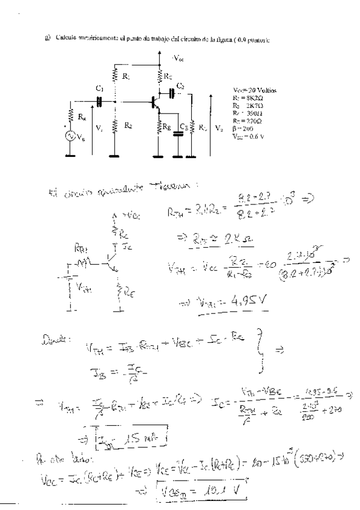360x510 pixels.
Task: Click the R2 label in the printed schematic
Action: [x=127, y=126]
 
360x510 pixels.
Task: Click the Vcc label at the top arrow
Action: [x=178, y=58]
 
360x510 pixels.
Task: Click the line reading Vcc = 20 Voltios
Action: [x=255, y=88]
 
